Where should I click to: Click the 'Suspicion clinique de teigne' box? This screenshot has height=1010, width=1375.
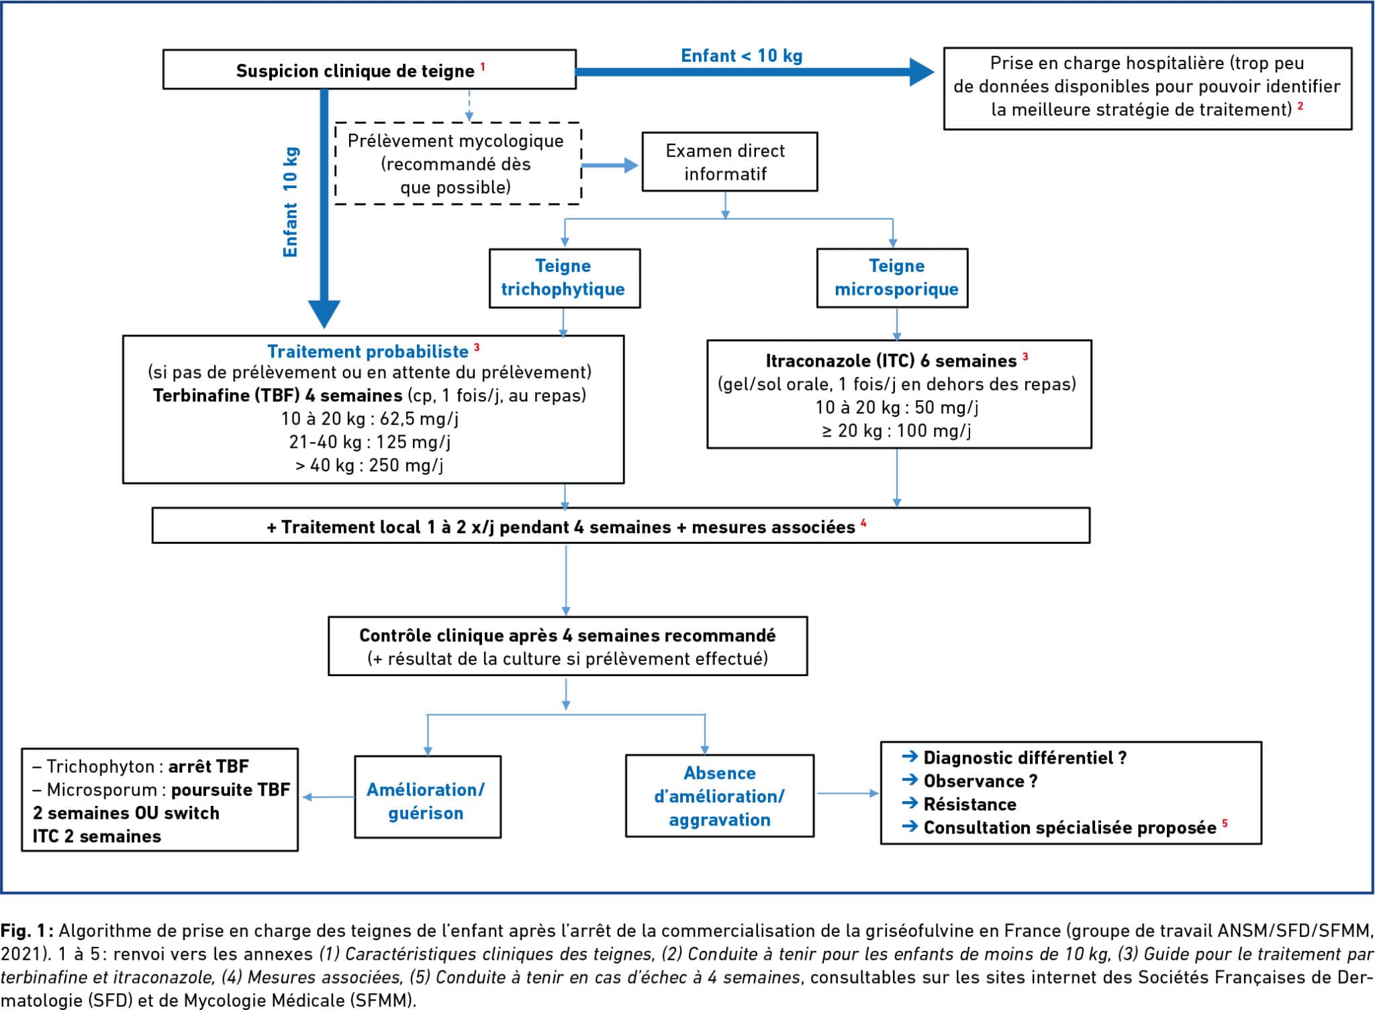pos(369,69)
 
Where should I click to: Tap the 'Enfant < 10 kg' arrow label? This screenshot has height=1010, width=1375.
pos(742,56)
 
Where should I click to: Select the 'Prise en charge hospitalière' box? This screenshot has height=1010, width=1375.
pos(1147,88)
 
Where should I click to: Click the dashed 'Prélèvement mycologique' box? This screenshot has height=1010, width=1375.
pos(458,163)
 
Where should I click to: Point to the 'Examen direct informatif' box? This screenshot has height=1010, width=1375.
pos(730,162)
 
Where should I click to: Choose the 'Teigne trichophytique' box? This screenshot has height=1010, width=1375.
pos(565,278)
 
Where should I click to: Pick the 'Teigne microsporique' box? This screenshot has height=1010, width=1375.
pos(892,278)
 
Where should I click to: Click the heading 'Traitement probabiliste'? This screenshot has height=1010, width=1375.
pos(368,351)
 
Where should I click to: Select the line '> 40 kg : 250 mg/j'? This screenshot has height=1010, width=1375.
pos(369,465)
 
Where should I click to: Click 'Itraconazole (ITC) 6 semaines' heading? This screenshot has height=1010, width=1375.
pos(892,361)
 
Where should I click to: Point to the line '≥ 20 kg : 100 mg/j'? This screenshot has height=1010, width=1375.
pos(896,430)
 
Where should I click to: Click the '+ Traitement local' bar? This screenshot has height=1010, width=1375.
pos(621,525)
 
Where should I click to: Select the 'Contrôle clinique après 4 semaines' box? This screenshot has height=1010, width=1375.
pos(567,646)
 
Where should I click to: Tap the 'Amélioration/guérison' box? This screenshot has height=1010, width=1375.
pos(428,797)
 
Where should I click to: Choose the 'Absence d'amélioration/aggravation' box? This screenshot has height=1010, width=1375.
pos(720,796)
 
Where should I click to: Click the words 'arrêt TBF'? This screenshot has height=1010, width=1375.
pos(209,766)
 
